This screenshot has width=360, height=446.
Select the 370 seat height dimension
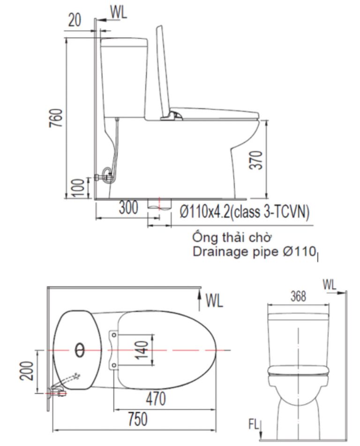tap(254, 160)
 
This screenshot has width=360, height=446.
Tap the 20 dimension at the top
tap(75, 20)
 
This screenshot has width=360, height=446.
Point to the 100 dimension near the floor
tap(80, 188)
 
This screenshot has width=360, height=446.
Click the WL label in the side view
tap(119, 13)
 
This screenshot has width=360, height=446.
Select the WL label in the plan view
tap(214, 301)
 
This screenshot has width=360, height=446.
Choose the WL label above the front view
tap(330, 284)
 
